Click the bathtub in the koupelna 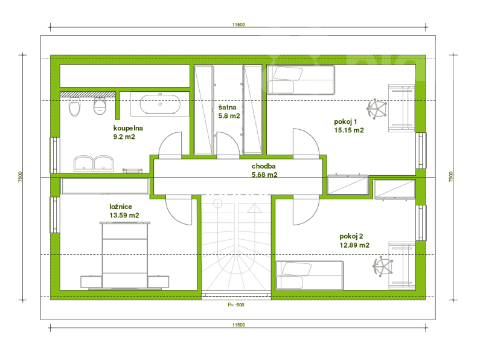pyautogui.click(x=160, y=104)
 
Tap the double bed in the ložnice pyautogui.click(x=124, y=256)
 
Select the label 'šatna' pyautogui.click(x=228, y=108)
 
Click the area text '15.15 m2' pyautogui.click(x=349, y=130)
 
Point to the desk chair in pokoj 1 pyautogui.click(x=376, y=109)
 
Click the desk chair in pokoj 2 pyautogui.click(x=383, y=266)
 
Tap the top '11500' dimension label pyautogui.click(x=238, y=25)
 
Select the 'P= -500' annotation pyautogui.click(x=236, y=305)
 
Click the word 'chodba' pyautogui.click(x=264, y=166)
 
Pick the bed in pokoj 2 pyautogui.click(x=310, y=275)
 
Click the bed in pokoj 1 pyautogui.click(x=301, y=80)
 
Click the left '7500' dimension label pyautogui.click(x=20, y=176)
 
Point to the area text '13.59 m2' pyautogui.click(x=124, y=215)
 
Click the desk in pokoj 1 pyautogui.click(x=401, y=108)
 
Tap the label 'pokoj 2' pyautogui.click(x=351, y=236)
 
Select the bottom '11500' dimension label pyautogui.click(x=238, y=325)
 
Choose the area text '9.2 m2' pyautogui.click(x=124, y=137)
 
